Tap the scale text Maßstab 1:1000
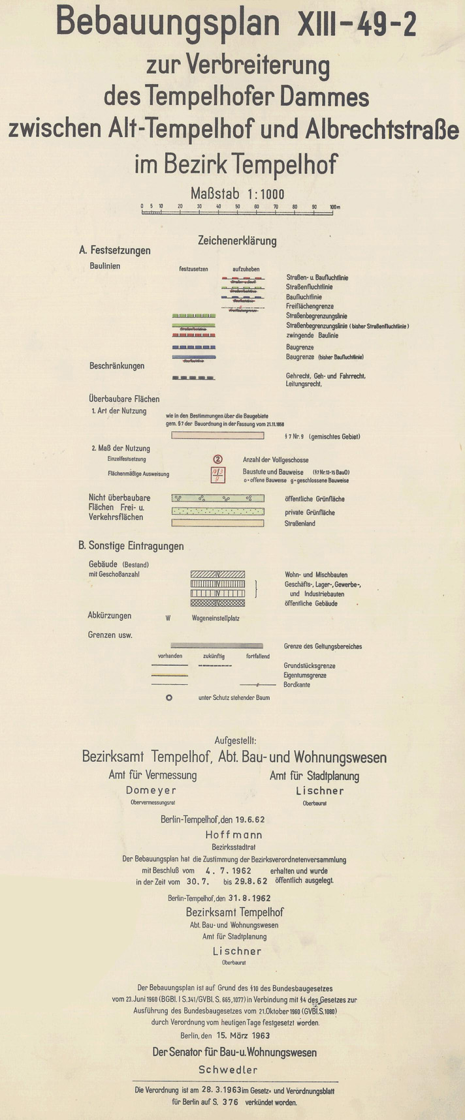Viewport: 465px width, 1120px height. pyautogui.click(x=237, y=193)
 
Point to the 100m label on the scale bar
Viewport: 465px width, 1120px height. pyautogui.click(x=335, y=207)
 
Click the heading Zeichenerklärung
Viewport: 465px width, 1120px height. pyautogui.click(x=237, y=241)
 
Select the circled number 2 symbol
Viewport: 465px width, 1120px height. pyautogui.click(x=218, y=460)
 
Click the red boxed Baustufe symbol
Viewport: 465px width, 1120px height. pyautogui.click(x=218, y=474)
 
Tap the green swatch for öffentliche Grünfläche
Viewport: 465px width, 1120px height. pyautogui.click(x=217, y=498)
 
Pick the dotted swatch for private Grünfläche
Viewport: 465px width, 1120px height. pyautogui.click(x=217, y=511)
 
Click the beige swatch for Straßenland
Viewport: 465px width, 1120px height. pyautogui.click(x=217, y=523)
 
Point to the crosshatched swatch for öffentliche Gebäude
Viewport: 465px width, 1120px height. pyautogui.click(x=217, y=603)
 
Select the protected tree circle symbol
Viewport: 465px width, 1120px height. pyautogui.click(x=168, y=697)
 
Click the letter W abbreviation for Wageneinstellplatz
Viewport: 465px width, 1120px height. pyautogui.click(x=168, y=618)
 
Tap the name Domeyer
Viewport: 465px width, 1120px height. pyautogui.click(x=152, y=791)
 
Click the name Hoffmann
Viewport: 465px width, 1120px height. pyautogui.click(x=234, y=834)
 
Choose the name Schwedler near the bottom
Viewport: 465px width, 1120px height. pyautogui.click(x=228, y=1069)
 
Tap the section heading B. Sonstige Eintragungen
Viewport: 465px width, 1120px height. pyautogui.click(x=131, y=546)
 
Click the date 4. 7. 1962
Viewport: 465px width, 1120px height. pyautogui.click(x=229, y=870)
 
